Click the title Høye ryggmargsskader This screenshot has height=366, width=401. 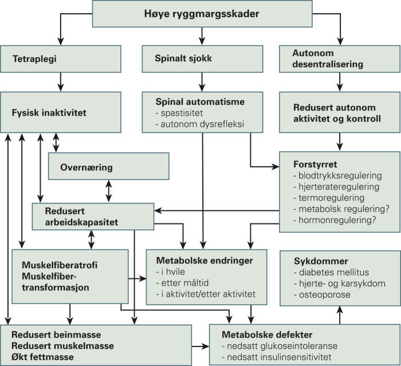(x=200, y=14)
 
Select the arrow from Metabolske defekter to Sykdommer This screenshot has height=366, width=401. (x=340, y=314)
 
